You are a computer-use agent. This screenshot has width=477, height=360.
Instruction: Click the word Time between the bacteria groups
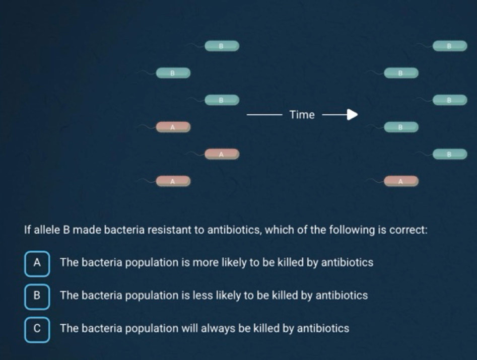(302, 115)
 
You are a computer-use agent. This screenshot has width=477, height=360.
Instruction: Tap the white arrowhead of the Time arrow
(352, 115)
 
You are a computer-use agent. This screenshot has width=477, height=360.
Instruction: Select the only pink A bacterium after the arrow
(401, 181)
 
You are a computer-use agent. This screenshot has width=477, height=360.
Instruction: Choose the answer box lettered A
(37, 264)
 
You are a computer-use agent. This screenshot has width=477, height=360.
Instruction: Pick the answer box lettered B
(37, 297)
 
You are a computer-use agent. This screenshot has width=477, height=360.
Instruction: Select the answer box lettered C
(37, 330)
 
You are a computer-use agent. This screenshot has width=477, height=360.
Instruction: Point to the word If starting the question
(27, 230)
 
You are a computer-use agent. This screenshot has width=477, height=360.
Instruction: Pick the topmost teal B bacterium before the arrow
(222, 46)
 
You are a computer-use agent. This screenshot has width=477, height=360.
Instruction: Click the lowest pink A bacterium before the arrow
(173, 181)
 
